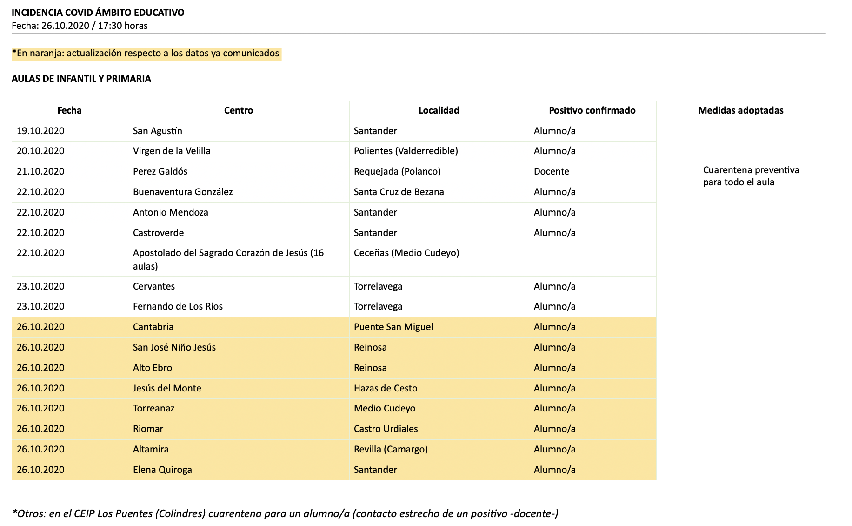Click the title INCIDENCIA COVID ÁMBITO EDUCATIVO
click(98, 13)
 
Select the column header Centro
click(239, 110)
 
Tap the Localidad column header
click(439, 110)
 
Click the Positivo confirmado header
click(592, 110)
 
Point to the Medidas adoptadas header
click(740, 110)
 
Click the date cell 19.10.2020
click(40, 131)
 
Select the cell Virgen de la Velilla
click(172, 151)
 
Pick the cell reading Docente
click(551, 171)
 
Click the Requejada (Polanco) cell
click(397, 171)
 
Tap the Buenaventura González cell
click(183, 192)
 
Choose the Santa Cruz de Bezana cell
click(399, 192)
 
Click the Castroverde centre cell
click(158, 233)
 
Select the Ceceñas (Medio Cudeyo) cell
click(406, 253)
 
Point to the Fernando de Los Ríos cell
click(178, 306)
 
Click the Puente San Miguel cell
click(393, 327)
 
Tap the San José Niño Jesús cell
click(174, 347)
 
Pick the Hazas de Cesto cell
click(386, 388)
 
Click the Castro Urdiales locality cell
click(386, 429)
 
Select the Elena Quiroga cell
click(162, 470)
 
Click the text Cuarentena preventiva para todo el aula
click(751, 176)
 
